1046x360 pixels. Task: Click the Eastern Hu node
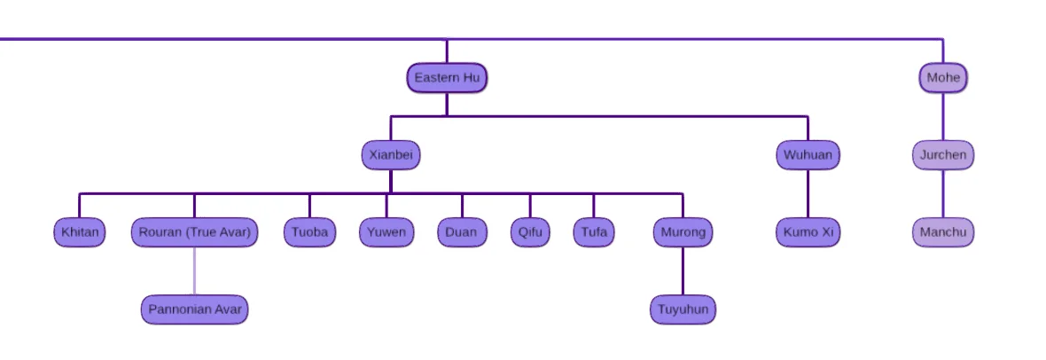tap(447, 78)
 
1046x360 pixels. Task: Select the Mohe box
tap(943, 78)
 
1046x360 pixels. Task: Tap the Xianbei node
tap(391, 155)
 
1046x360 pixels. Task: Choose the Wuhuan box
tap(808, 155)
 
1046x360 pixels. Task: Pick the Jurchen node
tap(943, 155)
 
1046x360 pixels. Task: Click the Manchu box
tap(943, 233)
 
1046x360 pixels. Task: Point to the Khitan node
tap(79, 233)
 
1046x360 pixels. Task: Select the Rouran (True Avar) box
tap(195, 233)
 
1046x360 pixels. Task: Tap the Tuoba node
tap(309, 233)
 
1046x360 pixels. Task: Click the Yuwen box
tap(387, 233)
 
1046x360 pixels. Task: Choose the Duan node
tap(462, 233)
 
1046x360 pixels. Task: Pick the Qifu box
tap(530, 233)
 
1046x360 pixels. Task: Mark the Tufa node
tap(594, 233)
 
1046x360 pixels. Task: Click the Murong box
tap(683, 233)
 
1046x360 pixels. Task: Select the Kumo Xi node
tap(808, 233)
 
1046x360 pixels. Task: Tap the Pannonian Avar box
tap(195, 310)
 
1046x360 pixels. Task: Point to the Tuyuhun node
tap(683, 310)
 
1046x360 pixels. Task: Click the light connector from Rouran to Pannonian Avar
tap(195, 271)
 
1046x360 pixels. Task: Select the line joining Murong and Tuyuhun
tap(683, 271)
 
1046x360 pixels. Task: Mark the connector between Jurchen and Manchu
tap(943, 194)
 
